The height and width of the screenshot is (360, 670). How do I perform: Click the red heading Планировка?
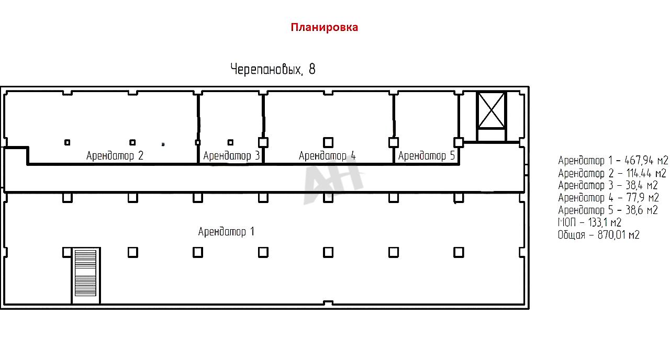point(324,27)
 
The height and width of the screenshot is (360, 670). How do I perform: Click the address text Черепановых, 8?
point(273,69)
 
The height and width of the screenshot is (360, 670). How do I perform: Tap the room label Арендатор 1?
point(226,231)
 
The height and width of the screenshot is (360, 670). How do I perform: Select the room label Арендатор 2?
point(115,155)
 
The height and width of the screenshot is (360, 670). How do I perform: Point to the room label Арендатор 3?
point(231,155)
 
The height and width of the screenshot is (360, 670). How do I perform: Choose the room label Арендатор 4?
point(327,155)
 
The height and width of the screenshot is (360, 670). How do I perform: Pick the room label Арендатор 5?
point(427,155)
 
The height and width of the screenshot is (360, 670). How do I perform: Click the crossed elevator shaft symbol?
point(492,110)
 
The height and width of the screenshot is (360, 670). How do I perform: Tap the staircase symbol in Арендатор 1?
point(85,275)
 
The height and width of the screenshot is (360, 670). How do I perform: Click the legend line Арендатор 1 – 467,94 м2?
point(613,161)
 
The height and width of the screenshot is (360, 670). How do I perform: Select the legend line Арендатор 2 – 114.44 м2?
point(612,173)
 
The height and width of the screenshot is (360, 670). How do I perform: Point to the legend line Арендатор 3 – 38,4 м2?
point(608,185)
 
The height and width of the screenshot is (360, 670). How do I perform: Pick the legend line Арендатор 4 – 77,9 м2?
point(608,198)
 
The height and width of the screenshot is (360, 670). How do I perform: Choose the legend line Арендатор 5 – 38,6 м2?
point(608,210)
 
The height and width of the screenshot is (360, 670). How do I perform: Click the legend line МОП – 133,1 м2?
point(589,222)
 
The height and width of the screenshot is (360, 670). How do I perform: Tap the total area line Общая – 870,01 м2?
point(598,235)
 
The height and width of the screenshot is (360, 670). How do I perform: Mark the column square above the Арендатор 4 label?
point(328,142)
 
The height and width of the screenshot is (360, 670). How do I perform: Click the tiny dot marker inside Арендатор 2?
point(163,144)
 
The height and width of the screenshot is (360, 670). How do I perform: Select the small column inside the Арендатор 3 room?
point(230,142)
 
